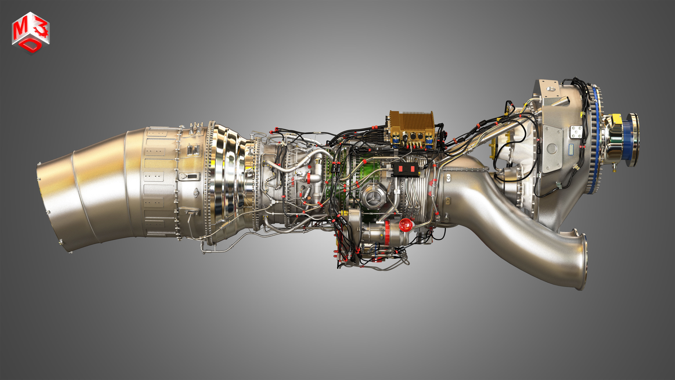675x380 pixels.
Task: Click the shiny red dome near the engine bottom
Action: tap(405, 224)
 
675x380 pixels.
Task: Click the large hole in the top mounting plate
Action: tap(551, 89)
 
